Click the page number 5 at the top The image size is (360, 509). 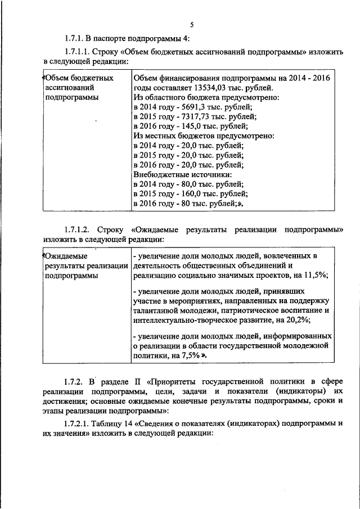(191, 25)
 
